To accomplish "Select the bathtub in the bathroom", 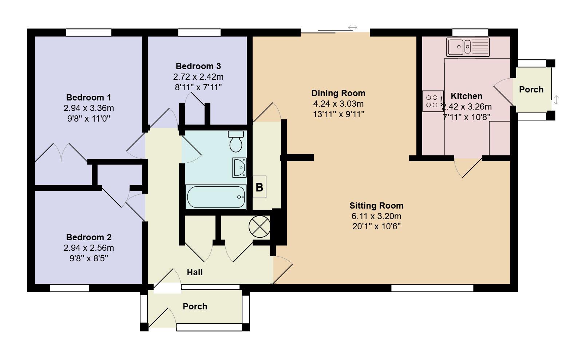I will pos(216,197).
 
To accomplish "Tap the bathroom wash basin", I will pos(239,167).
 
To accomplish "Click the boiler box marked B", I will pos(259,187).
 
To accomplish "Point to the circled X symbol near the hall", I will pos(260,227).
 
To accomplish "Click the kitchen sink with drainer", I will pos(468,47).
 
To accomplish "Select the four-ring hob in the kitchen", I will pos(432,101).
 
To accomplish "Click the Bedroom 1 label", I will pos(88,98).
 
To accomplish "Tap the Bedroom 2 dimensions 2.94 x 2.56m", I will pos(88,248).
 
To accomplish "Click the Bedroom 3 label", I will pos(198,66).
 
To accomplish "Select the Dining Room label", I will pos(338,93).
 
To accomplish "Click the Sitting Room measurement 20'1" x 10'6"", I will pos(376,226).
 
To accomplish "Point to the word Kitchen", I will pos(466,96).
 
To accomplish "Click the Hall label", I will pos(194,272).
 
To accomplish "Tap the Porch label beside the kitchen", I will pos(531,90).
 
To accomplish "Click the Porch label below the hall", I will pos(195,306).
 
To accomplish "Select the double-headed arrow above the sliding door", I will pos(352,27).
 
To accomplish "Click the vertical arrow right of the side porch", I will pos(556,100).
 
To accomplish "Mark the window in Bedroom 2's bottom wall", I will pos(69,288).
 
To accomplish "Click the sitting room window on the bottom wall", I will pos(432,288).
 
